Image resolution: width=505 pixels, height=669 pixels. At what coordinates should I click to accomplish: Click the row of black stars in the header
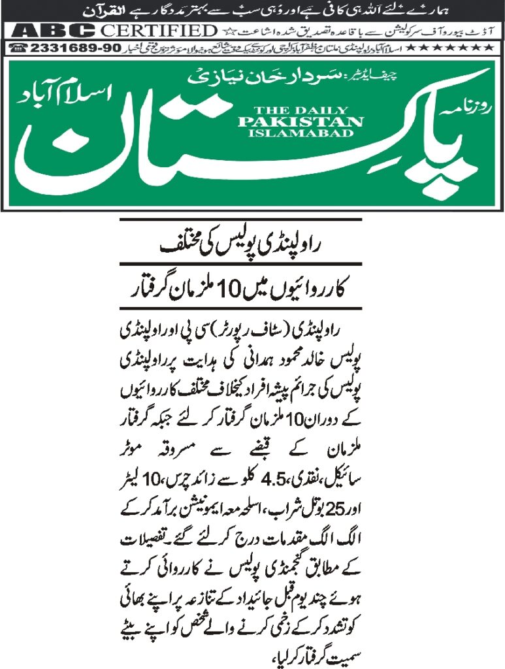point(457,48)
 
